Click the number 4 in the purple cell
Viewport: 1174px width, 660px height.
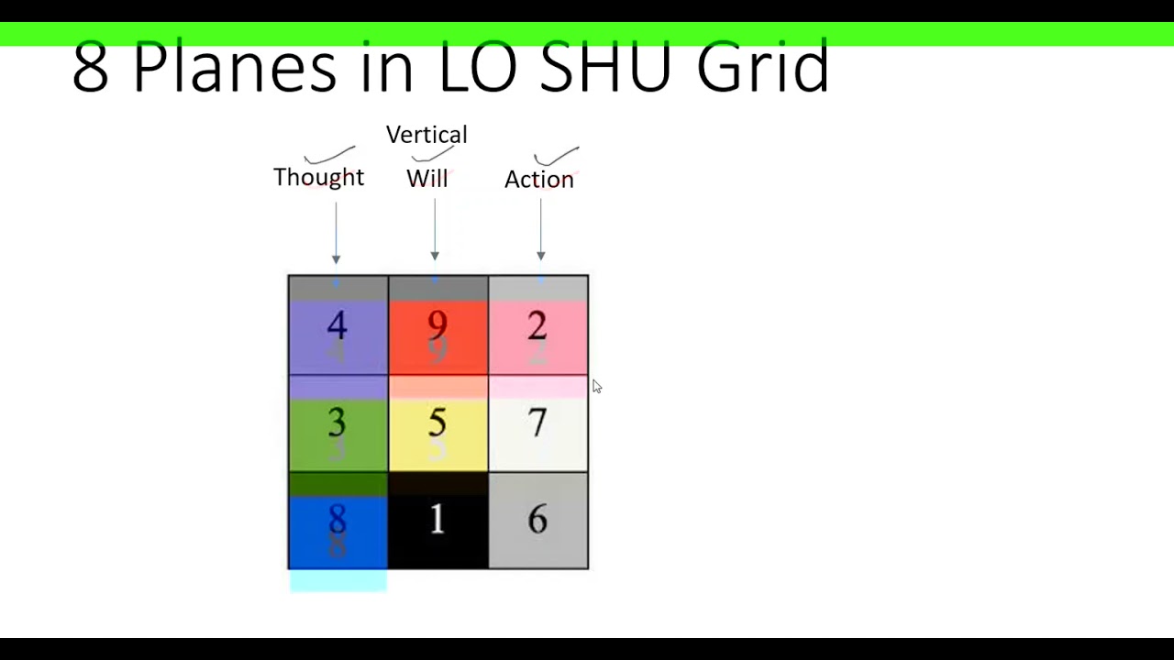click(x=337, y=326)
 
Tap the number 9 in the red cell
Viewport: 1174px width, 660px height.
click(x=437, y=325)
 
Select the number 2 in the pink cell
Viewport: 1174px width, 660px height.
click(x=537, y=325)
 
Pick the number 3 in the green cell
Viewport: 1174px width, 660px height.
click(x=337, y=423)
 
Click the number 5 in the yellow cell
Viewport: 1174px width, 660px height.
click(x=437, y=423)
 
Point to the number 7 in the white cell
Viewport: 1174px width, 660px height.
click(x=537, y=423)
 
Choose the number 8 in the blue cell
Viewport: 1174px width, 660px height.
click(x=337, y=520)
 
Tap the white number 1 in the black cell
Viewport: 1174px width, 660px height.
click(x=437, y=520)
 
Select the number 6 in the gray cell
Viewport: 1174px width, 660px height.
click(x=537, y=520)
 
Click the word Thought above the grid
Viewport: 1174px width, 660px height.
click(x=318, y=177)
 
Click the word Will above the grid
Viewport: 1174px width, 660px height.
click(x=426, y=179)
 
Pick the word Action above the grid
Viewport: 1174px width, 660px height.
click(x=538, y=180)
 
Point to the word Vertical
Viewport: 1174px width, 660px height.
click(x=426, y=135)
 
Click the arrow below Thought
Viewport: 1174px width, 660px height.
click(x=336, y=233)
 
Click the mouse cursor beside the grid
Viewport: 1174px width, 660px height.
click(x=596, y=387)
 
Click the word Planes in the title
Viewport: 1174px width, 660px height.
click(x=234, y=66)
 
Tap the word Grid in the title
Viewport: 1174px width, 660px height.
click(x=762, y=66)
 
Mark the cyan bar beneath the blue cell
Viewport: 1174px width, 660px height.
click(x=338, y=581)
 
